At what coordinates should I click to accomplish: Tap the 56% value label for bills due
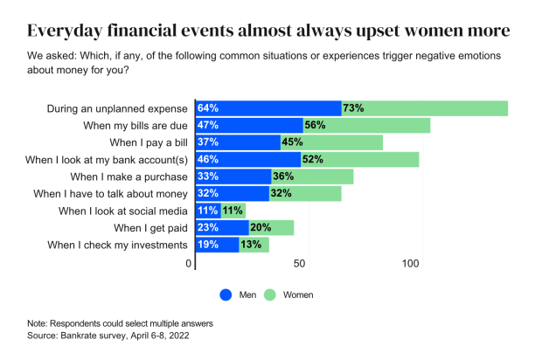coord(315,126)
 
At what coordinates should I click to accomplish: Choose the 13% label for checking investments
coord(251,245)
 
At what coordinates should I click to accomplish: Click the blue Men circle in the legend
coord(224,294)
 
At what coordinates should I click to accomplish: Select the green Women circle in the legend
coord(270,294)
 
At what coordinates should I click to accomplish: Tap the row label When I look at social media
coord(123,211)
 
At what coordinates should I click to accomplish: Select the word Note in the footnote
coord(38,322)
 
